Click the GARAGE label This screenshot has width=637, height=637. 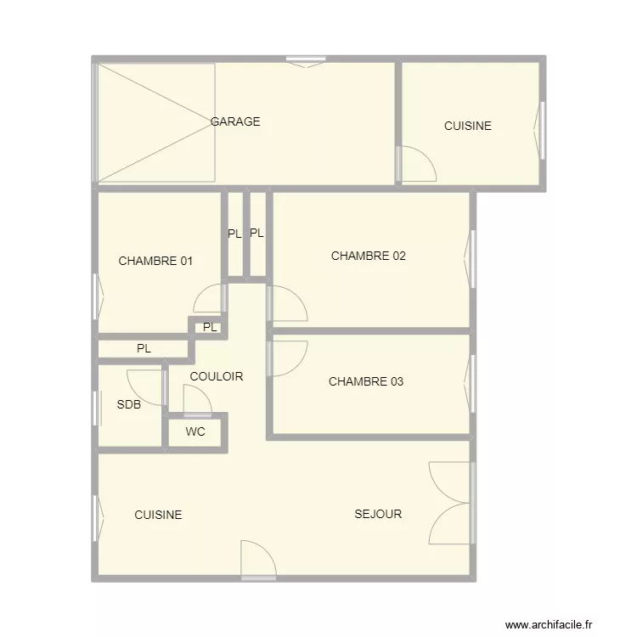coord(235,121)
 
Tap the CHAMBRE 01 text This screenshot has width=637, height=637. coord(155,261)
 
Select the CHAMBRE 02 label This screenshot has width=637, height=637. coord(369,256)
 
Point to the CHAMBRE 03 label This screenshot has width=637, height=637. coord(366,381)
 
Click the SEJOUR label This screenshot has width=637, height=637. coord(378,514)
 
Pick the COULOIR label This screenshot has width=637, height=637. coord(217,376)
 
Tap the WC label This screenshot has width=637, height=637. coord(195,431)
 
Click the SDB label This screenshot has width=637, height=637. coord(129,404)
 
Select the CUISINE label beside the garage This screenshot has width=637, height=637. coord(468,126)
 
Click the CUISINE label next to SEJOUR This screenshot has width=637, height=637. coord(158,515)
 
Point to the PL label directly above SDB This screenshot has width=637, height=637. coord(144,348)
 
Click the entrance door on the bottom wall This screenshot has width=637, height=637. coord(258,561)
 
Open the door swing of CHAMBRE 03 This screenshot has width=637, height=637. coord(288,358)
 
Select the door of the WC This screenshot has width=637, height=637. coord(197,401)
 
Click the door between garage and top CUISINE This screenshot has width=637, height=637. coord(418,164)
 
